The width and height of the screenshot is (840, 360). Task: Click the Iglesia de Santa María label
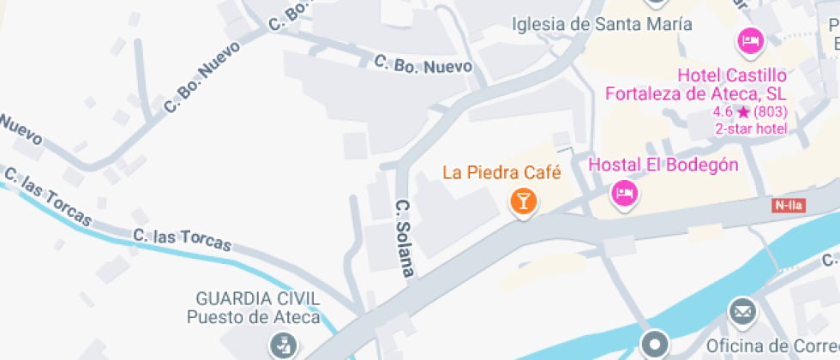602,24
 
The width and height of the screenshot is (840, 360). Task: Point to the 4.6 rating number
722,112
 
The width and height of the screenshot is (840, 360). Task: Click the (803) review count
771,112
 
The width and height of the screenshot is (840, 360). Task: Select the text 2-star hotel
751,129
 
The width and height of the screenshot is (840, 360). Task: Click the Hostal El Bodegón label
664,165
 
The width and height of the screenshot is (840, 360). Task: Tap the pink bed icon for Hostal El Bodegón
624,194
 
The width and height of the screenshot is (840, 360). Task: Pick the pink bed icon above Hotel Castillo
751,39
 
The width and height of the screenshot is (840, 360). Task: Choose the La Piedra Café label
501,172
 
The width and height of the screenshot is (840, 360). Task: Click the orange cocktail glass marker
523,202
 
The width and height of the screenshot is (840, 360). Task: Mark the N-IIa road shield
789,205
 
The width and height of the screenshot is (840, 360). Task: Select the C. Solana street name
405,238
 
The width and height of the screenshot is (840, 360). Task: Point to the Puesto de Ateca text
254,317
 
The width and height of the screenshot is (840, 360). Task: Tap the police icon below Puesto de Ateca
280,346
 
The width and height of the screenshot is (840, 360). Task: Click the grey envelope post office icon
742,310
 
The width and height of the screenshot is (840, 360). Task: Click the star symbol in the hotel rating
743,112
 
